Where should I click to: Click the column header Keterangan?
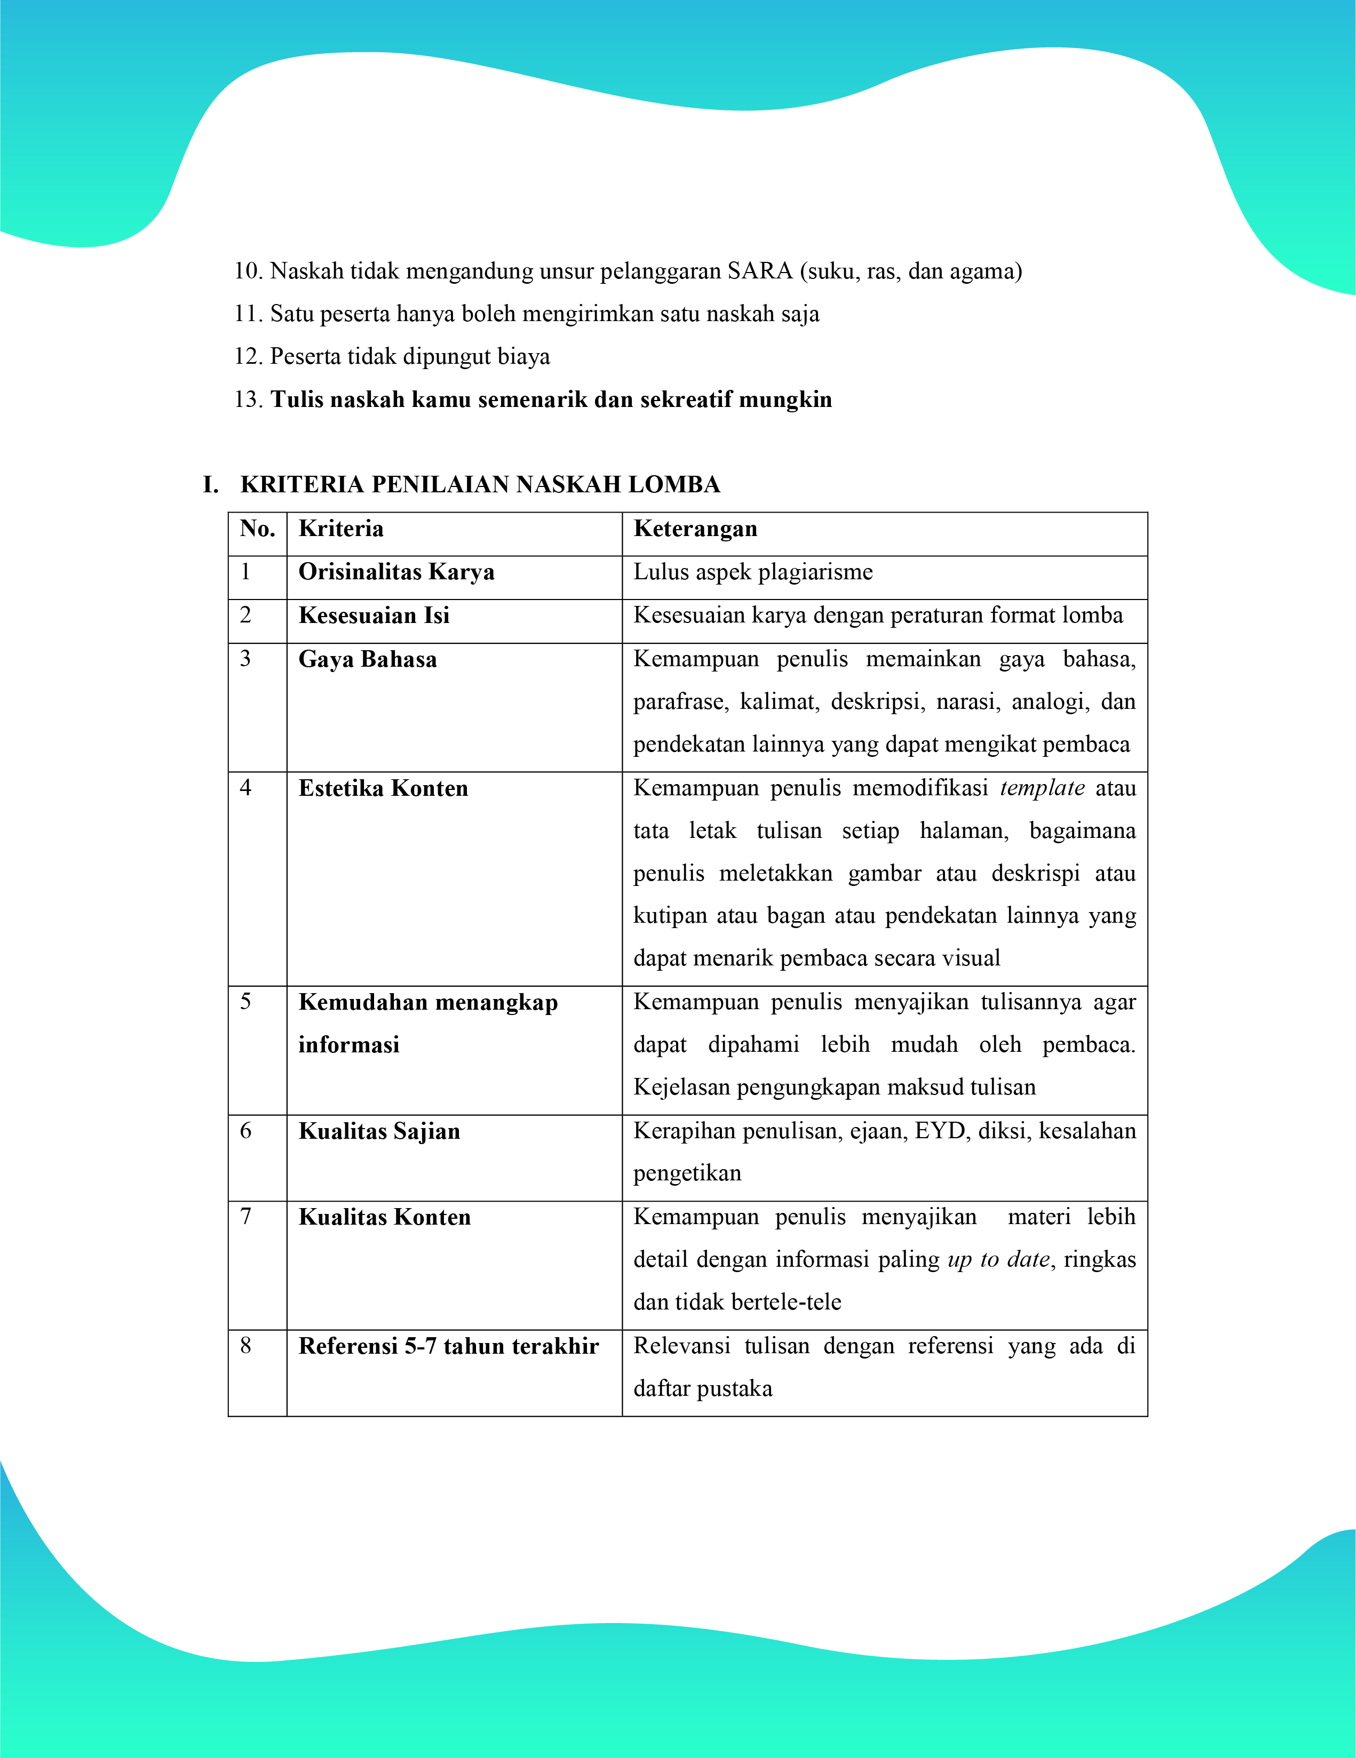pos(695,529)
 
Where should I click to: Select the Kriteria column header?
pos(340,529)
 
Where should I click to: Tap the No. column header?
pos(257,529)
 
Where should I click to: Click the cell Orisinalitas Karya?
pos(396,572)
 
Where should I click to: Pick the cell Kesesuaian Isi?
pos(374,616)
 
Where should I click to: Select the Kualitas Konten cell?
pos(384,1217)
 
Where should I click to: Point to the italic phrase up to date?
pos(998,1260)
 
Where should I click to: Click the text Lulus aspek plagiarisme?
pos(753,572)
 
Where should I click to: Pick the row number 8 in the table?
pos(245,1345)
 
